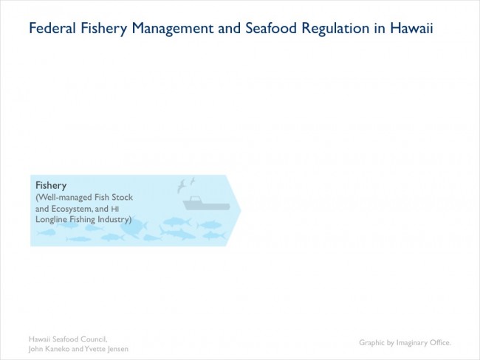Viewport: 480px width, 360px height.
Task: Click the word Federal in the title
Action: point(52,28)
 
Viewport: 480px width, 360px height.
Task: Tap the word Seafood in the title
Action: point(271,28)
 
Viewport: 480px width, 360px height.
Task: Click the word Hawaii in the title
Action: point(411,28)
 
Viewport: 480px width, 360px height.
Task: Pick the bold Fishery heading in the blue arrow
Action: point(51,186)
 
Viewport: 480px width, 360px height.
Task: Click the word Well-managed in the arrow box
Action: point(64,198)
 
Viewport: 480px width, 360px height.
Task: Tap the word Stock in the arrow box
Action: point(122,197)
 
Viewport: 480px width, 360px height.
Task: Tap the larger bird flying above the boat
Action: point(182,186)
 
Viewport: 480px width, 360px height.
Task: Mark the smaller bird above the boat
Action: point(193,181)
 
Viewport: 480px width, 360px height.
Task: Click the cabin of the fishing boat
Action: point(195,199)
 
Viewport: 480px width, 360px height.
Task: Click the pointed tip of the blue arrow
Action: point(241,210)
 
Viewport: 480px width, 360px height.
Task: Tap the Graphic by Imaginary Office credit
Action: point(405,342)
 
